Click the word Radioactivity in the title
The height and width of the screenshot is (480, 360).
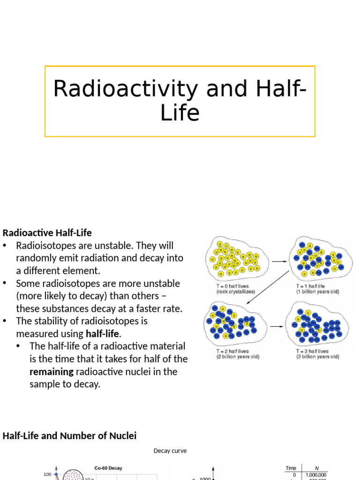pos(123,89)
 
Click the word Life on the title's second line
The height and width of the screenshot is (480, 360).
pos(180,113)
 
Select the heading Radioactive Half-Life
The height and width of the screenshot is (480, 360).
pos(47,232)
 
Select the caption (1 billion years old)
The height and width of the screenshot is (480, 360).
pos(317,292)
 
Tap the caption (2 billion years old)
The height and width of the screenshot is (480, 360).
pos(238,357)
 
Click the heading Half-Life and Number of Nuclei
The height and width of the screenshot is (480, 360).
pos(70,436)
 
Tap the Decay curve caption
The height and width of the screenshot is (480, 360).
pos(170,451)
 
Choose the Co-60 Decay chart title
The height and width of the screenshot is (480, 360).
pos(108,468)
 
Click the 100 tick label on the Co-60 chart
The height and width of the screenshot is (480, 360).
pos(47,474)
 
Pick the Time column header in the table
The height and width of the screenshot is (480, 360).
pos(291,468)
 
